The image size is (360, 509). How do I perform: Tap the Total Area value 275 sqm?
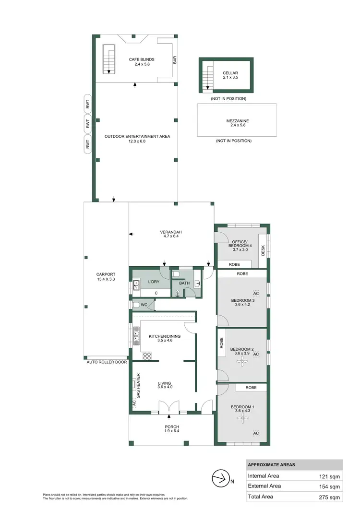click(x=330, y=497)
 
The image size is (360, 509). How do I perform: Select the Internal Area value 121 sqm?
click(x=330, y=476)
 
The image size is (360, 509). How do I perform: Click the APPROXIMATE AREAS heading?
click(x=271, y=465)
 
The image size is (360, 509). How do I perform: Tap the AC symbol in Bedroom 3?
click(x=256, y=293)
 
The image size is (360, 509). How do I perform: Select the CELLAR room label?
click(x=230, y=73)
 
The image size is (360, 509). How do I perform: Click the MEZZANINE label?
click(x=237, y=121)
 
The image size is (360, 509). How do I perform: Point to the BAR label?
click(x=175, y=59)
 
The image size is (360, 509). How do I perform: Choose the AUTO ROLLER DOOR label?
click(x=107, y=362)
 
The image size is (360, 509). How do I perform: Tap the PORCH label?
click(x=171, y=426)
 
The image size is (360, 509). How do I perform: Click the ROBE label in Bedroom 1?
click(x=251, y=387)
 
